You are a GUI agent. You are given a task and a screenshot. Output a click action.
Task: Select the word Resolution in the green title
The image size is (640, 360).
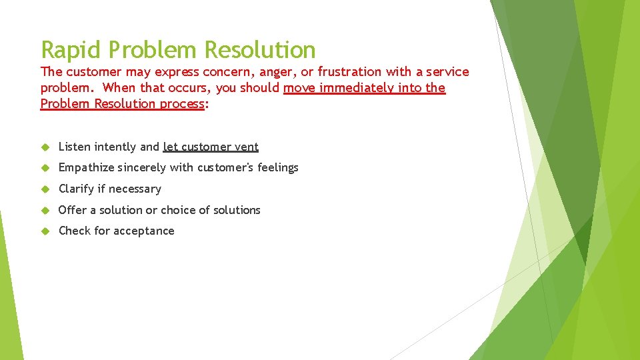pos(260,50)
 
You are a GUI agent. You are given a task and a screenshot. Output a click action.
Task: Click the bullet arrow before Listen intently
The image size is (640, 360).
pos(45,147)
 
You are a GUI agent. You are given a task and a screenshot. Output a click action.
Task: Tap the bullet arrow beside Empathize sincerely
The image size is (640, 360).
pos(45,168)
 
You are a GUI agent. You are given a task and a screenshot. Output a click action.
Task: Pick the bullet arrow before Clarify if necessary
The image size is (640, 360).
pos(45,189)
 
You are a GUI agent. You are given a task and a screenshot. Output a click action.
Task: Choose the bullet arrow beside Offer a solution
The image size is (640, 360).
pos(45,211)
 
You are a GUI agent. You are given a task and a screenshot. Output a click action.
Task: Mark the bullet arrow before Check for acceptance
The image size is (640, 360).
pos(45,231)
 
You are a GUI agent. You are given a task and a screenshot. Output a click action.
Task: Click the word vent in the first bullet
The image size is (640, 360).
pos(247,147)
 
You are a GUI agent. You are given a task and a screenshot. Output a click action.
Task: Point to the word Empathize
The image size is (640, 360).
pos(87,168)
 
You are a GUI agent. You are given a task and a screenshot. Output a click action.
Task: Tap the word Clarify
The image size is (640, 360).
pos(76,189)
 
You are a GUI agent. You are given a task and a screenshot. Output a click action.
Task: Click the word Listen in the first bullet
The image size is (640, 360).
pos(75,147)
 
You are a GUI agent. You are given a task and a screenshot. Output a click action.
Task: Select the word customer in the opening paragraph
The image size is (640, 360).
pos(92,72)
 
